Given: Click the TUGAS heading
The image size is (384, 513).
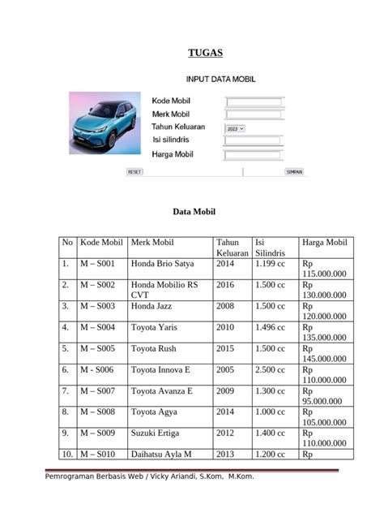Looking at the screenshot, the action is click(205, 54).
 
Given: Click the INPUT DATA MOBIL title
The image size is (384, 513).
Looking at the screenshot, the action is click(220, 80).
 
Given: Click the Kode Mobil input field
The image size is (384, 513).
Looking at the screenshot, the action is click(254, 102).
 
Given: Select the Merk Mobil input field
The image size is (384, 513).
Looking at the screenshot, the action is click(254, 114).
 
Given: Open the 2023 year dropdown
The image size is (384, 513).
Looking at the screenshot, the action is click(235, 128).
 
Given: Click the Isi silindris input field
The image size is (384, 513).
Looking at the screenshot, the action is click(254, 140).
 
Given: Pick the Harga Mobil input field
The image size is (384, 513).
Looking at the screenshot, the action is click(254, 154).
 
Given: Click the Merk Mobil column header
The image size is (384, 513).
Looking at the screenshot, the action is click(152, 243).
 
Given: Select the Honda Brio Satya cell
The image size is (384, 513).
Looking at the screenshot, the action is click(163, 264).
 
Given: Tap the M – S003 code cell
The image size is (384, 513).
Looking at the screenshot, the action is click(98, 306).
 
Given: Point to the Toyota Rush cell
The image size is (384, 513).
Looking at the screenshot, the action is click(154, 348).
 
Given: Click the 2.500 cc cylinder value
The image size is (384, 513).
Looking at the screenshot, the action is click(270, 369).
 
